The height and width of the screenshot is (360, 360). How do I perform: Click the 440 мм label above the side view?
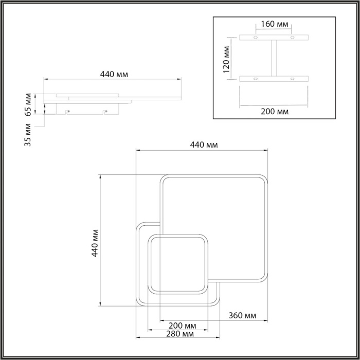[114, 74]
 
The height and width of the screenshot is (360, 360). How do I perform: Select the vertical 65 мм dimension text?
[28, 104]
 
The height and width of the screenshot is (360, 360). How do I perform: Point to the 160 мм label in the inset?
[274, 24]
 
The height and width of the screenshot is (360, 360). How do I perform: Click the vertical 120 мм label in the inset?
[225, 59]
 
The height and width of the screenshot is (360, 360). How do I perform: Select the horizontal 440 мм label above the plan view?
[204, 145]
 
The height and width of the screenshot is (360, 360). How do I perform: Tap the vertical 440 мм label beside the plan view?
[95, 242]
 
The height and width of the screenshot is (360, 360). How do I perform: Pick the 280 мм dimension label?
[181, 334]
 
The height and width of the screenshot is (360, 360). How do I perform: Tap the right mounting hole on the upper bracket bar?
[292, 38]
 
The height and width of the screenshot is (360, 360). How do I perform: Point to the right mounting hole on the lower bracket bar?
[292, 79]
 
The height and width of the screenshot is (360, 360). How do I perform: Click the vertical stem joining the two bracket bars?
[274, 58]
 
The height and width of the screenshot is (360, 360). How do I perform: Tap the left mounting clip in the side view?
[67, 111]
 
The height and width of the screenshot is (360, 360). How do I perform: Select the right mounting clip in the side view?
[104, 111]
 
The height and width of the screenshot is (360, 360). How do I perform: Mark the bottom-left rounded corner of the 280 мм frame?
[140, 303]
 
